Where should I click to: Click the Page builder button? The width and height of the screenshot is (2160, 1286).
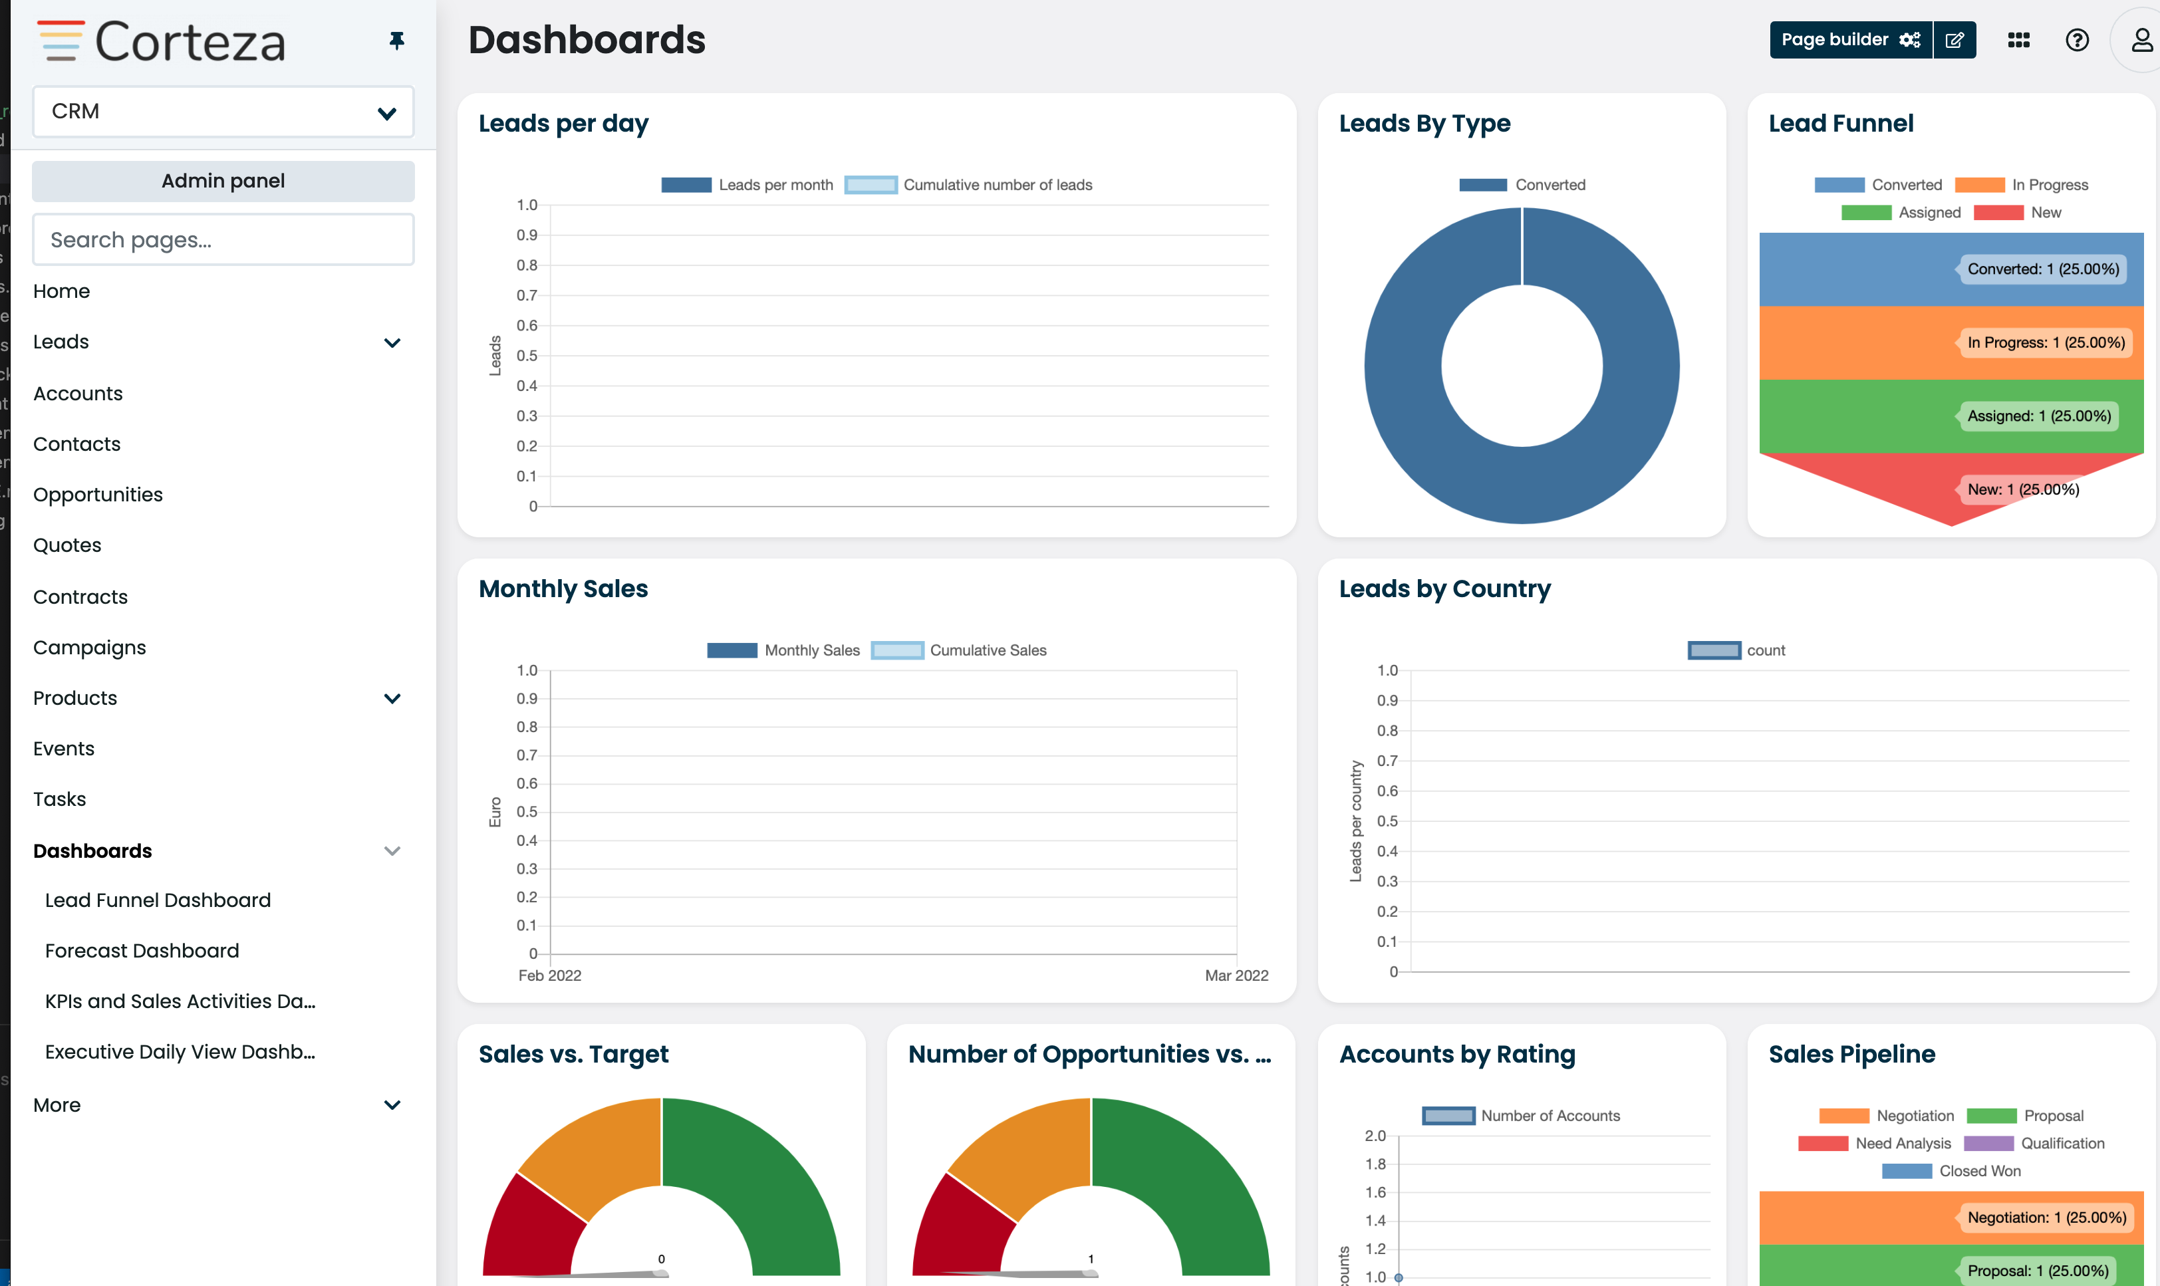[x=1850, y=40]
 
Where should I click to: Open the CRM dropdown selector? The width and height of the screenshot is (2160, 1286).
[x=223, y=112]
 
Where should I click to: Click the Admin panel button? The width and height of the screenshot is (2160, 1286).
[x=223, y=181]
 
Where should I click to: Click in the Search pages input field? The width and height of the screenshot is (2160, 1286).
[x=223, y=240]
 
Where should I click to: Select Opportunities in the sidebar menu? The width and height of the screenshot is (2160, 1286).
[x=98, y=495]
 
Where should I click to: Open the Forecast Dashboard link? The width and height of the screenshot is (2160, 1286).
[x=142, y=951]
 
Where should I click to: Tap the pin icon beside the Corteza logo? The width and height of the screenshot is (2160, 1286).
[x=397, y=41]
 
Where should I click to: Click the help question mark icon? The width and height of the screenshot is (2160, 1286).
[x=2077, y=40]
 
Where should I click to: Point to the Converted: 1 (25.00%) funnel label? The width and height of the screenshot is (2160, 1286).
[x=2042, y=269]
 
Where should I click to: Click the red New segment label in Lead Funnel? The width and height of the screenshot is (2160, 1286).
[x=2022, y=489]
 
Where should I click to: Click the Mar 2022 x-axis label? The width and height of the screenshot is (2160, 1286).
[x=1236, y=975]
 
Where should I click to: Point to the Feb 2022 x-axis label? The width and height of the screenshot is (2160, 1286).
[x=549, y=975]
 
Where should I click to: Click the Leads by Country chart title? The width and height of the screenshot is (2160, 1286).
[x=1444, y=589]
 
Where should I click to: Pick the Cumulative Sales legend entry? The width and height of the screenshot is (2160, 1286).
[x=959, y=650]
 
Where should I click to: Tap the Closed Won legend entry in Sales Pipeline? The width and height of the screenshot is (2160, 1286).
[x=1951, y=1171]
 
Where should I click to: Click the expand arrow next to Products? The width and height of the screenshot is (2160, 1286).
[x=392, y=698]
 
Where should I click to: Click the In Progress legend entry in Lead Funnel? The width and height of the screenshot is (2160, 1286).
[x=2022, y=185]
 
